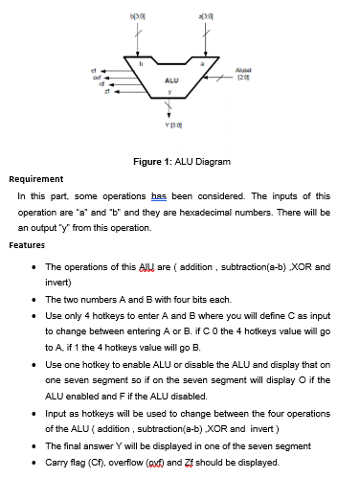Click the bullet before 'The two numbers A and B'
[x=34, y=300]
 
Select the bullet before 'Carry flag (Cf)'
[x=34, y=463]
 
